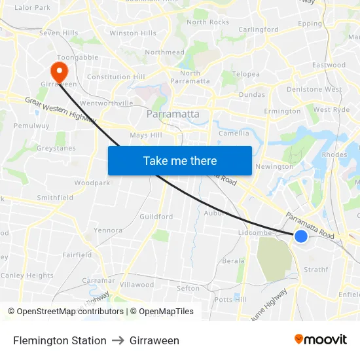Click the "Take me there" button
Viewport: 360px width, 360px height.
point(180,160)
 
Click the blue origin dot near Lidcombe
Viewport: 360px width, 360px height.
point(301,236)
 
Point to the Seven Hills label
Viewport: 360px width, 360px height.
point(58,33)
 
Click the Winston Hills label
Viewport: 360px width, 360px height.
point(133,33)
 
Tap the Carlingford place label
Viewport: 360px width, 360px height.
point(259,29)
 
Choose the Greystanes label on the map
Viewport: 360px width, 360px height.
point(56,148)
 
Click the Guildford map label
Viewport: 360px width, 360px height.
point(156,216)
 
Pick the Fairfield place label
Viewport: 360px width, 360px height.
point(77,255)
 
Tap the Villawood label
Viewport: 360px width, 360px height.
point(137,285)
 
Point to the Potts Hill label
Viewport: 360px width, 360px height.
point(231,299)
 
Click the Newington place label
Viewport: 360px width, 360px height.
point(274,166)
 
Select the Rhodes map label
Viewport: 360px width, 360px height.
point(334,155)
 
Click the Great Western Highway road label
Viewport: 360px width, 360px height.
point(61,110)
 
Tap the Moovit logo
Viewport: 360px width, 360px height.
point(321,339)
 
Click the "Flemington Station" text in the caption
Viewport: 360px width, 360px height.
point(60,340)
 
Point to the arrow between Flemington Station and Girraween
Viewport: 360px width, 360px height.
point(118,340)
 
